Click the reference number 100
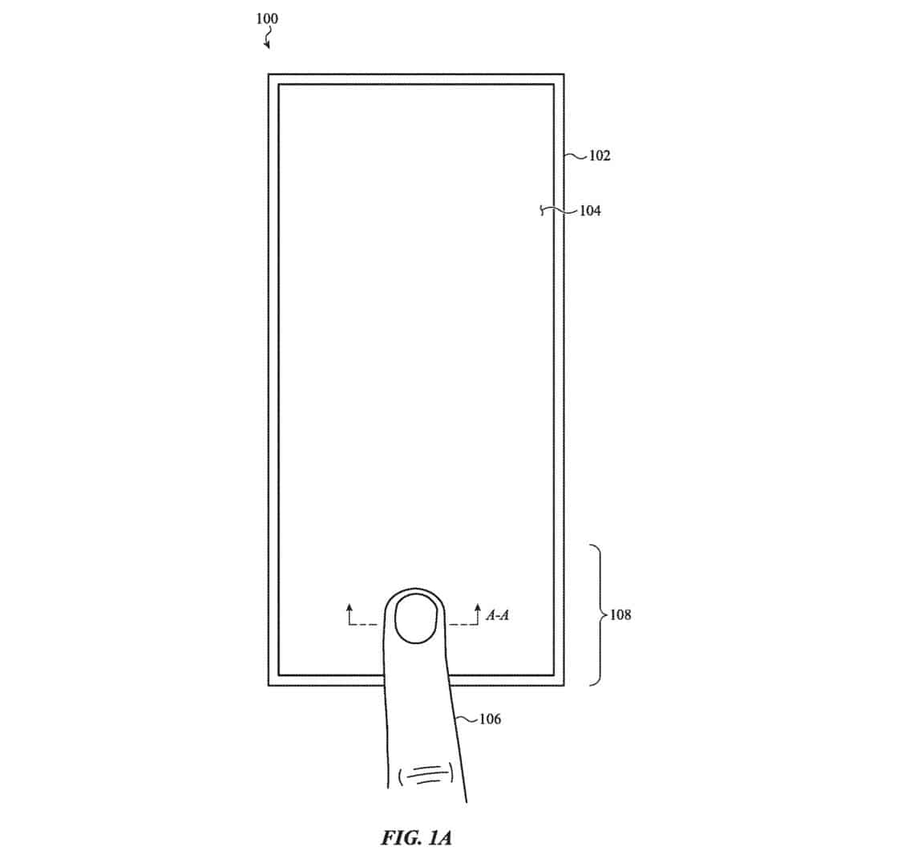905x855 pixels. click(267, 19)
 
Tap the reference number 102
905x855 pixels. click(599, 156)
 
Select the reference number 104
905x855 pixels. click(590, 211)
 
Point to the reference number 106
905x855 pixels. click(490, 719)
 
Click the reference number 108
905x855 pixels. click(620, 615)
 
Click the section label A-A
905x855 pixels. click(498, 615)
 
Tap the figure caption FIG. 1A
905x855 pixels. click(416, 837)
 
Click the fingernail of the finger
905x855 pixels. click(415, 618)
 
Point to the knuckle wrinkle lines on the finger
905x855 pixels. click(427, 775)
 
